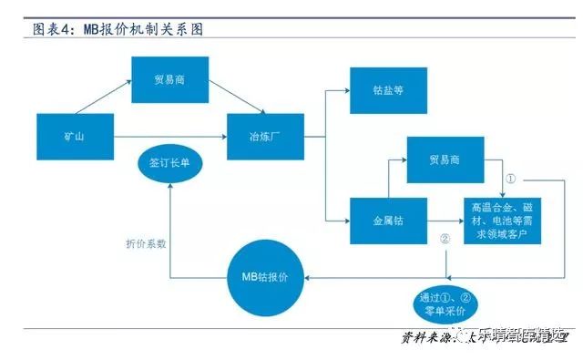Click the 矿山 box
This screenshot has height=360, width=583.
[x=75, y=137]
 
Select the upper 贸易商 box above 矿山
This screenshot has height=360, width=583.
[x=169, y=79]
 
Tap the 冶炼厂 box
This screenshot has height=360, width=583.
[x=264, y=137]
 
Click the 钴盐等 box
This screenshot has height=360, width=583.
[x=389, y=90]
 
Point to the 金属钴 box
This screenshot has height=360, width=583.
[x=389, y=220]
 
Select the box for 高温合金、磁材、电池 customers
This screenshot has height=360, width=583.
[x=506, y=220]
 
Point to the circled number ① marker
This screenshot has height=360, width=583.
[x=511, y=180]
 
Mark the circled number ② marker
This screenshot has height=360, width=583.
[x=445, y=241]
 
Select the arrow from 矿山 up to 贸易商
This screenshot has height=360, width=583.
[x=105, y=98]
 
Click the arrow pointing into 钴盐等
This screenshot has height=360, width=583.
[x=337, y=90]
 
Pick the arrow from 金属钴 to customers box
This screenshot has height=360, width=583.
[x=443, y=220]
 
